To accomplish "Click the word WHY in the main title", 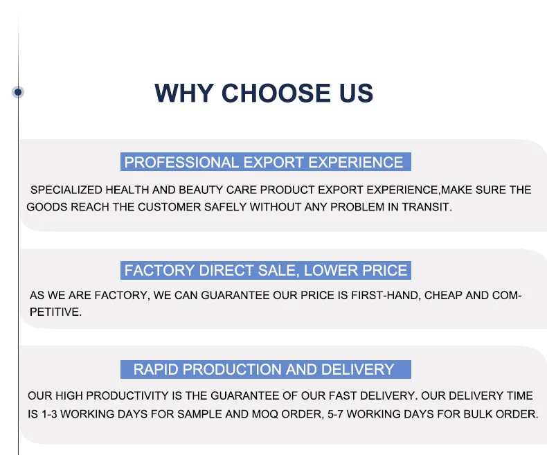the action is [184, 93].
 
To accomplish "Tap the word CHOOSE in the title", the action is [276, 93].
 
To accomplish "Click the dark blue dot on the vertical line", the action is [18, 92].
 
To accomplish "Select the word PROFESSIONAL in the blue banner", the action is [181, 162].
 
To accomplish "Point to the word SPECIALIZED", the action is [66, 190].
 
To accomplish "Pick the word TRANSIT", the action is [427, 207].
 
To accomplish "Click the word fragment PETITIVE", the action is [56, 312].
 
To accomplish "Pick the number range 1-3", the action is [49, 414].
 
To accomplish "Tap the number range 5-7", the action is [335, 414].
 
